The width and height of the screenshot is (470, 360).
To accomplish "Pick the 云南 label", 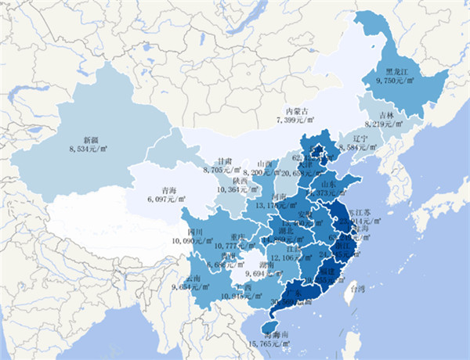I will click(x=194, y=278).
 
